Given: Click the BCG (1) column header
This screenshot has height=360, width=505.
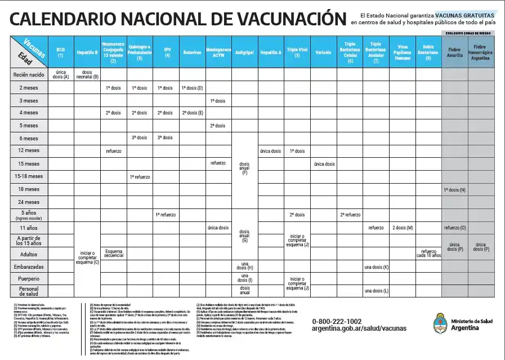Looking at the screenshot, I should click(x=61, y=52).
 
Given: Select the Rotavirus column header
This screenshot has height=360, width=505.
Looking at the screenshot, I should click(x=193, y=52).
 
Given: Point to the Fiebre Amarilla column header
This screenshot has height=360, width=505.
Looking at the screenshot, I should click(x=454, y=54).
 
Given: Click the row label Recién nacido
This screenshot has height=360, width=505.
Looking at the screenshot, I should click(x=29, y=74).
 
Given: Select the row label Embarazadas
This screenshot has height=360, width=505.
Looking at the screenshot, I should click(x=29, y=266).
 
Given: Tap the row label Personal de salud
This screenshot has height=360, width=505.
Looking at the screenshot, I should click(x=29, y=291).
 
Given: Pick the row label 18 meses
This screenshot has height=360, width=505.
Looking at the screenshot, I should click(x=29, y=189).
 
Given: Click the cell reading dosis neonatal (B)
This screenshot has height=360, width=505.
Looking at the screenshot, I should click(x=87, y=74).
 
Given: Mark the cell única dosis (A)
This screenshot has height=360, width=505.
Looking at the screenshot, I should click(x=61, y=74).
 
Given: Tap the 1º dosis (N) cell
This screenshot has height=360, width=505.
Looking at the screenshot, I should click(x=454, y=189).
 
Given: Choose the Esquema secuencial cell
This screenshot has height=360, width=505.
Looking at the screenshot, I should click(x=113, y=253).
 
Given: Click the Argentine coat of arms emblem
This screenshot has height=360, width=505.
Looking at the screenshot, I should click(x=440, y=324).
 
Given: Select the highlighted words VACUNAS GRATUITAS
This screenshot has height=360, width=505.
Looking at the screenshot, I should click(x=465, y=15).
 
